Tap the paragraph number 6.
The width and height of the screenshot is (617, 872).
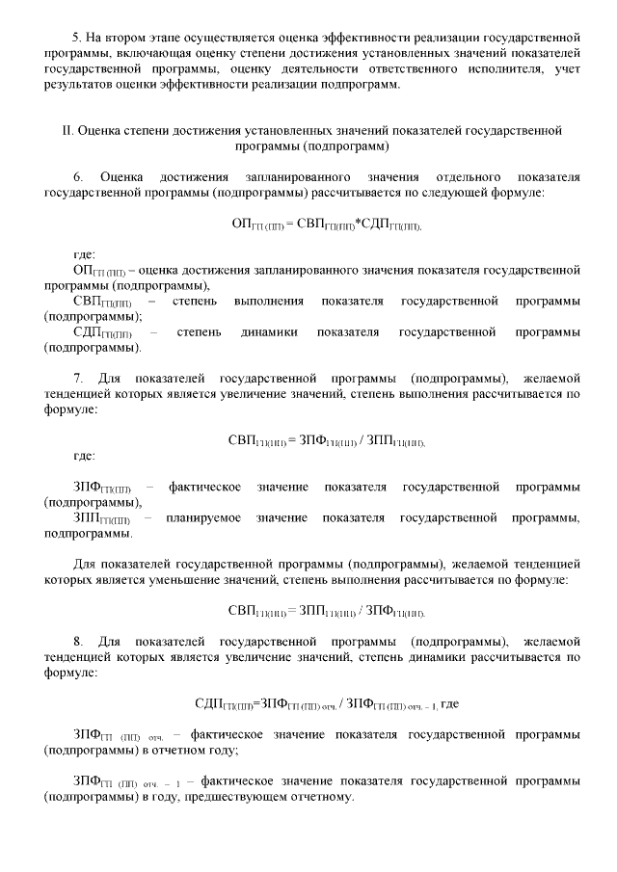(78, 177)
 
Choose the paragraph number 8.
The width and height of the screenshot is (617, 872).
(78, 640)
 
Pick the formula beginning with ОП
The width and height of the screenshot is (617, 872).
(327, 224)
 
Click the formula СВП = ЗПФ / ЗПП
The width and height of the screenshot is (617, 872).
(327, 440)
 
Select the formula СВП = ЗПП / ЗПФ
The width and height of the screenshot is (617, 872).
(327, 611)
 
